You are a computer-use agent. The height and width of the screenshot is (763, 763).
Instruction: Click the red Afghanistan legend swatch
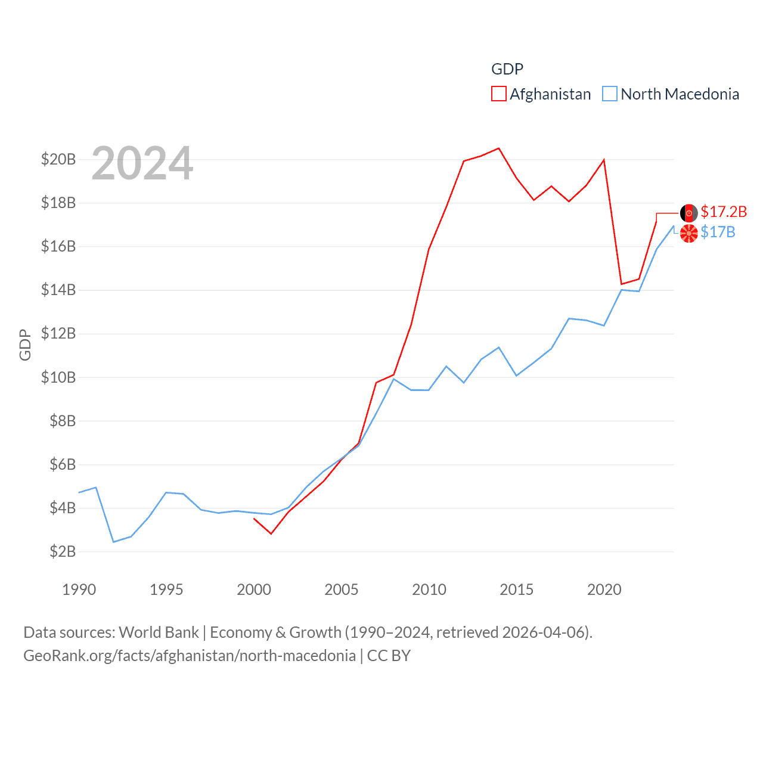(x=498, y=94)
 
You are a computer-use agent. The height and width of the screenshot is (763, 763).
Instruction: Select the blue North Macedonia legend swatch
(x=609, y=94)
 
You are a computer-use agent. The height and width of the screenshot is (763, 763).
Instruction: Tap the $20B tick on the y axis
(x=58, y=159)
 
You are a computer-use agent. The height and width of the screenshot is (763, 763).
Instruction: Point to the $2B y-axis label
(x=63, y=551)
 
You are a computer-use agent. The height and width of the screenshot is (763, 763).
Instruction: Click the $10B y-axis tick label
(x=58, y=377)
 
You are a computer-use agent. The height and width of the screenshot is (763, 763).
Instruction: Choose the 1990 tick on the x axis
(x=79, y=590)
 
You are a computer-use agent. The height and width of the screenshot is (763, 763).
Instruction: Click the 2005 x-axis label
(x=342, y=590)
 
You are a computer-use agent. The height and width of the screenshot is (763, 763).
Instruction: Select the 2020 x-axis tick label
(x=604, y=590)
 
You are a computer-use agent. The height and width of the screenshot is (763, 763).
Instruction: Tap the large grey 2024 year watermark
(x=142, y=163)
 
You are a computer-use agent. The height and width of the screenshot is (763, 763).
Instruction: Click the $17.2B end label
(x=724, y=212)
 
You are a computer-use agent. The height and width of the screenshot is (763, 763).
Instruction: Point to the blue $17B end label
(x=718, y=232)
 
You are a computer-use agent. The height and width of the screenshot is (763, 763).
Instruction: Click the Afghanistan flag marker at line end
(x=689, y=213)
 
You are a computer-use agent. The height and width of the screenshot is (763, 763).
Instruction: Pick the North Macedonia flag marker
(x=689, y=233)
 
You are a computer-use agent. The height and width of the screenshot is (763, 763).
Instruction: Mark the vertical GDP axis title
(x=25, y=345)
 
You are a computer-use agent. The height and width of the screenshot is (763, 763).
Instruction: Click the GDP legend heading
(x=507, y=69)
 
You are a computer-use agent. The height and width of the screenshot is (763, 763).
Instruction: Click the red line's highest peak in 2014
(x=499, y=148)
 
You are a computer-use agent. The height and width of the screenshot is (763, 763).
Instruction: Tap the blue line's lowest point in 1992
(x=114, y=542)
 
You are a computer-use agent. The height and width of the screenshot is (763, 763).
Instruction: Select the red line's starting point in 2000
(x=254, y=519)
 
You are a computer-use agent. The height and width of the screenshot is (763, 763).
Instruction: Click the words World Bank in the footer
(x=159, y=632)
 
